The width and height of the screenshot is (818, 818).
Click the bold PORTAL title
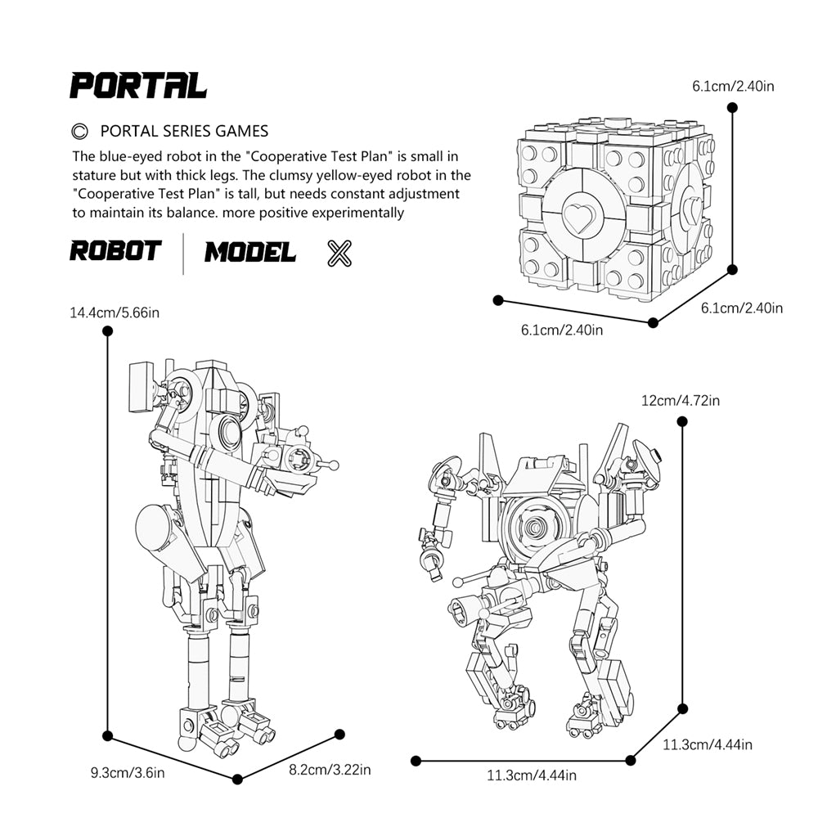pyautogui.click(x=137, y=85)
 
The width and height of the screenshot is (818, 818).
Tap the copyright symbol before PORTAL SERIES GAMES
pyautogui.click(x=79, y=131)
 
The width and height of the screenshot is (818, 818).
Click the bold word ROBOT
pyautogui.click(x=115, y=251)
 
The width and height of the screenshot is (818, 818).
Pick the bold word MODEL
pyautogui.click(x=250, y=252)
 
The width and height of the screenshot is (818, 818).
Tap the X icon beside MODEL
pyautogui.click(x=339, y=254)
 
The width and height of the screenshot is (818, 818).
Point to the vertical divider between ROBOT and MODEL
pyautogui.click(x=183, y=253)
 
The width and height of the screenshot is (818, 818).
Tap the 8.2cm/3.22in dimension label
pyautogui.click(x=330, y=770)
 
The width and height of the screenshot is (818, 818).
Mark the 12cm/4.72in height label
pyautogui.click(x=681, y=401)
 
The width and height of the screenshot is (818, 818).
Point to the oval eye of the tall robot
pyautogui.click(x=227, y=432)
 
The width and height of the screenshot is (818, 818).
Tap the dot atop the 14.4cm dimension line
pyautogui.click(x=107, y=330)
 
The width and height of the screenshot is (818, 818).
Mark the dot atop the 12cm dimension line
pyautogui.click(x=681, y=420)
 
